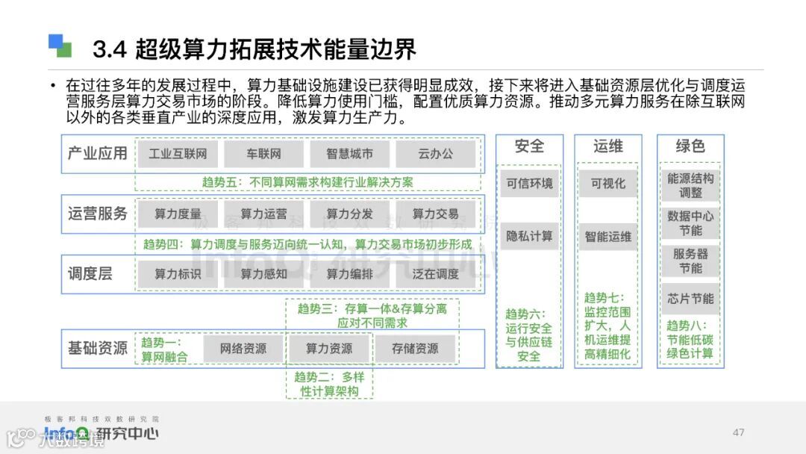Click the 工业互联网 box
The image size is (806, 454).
pos(178,154)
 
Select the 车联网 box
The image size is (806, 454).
pos(263,154)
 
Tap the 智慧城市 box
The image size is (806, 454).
pos(349,154)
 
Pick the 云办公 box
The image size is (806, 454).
pos(435,154)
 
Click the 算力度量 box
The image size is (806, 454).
pos(178,214)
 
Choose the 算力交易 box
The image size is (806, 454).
pos(435,214)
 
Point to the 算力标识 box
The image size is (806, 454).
pos(178,274)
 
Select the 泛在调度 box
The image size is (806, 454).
pos(435,274)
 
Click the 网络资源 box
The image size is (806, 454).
pos(243,349)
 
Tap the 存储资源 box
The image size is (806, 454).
pos(415,349)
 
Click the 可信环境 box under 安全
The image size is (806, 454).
pos(530,184)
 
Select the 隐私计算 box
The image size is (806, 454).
pos(530,236)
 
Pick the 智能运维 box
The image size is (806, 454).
pos(608,237)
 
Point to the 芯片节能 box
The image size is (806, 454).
pos(690,299)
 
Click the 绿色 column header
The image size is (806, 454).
pos(690,146)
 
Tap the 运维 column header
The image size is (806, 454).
pos(608,146)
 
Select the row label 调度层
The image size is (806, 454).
pos(90,274)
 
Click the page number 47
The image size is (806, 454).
pos(739,432)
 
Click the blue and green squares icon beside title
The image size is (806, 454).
pos(60,46)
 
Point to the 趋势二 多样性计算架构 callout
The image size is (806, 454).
pos(329,384)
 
